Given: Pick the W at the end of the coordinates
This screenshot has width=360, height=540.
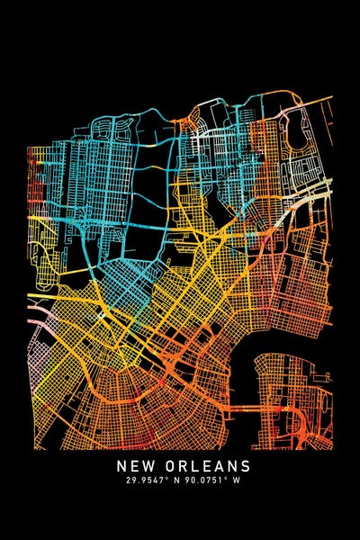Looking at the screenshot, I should click(x=239, y=483).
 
